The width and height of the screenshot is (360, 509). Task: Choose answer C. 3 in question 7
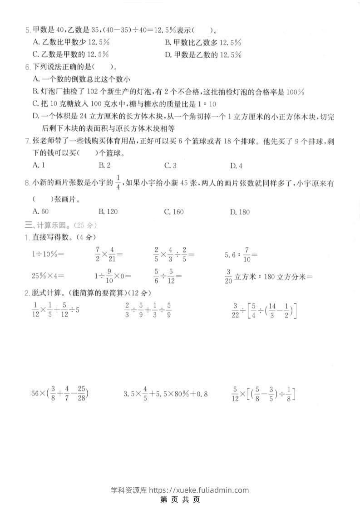[x=170, y=165]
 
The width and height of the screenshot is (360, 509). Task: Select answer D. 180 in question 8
[x=240, y=211]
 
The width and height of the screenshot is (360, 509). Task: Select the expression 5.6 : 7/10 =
[x=242, y=254]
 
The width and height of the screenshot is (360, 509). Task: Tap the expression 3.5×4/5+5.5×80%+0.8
[x=165, y=393]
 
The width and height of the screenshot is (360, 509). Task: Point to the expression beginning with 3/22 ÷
[x=264, y=310]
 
